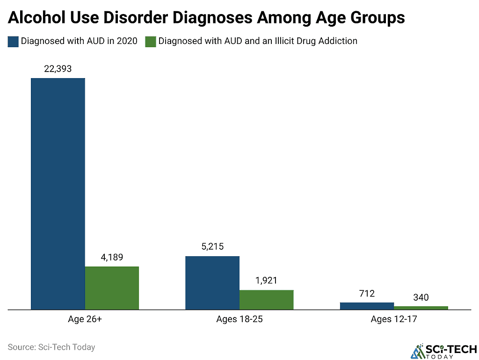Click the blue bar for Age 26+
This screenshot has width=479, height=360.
click(58, 194)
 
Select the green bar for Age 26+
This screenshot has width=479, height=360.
click(112, 288)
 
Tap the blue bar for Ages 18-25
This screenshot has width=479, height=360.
click(213, 283)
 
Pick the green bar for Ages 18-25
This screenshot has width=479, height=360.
click(266, 300)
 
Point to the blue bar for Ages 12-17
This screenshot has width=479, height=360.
click(367, 306)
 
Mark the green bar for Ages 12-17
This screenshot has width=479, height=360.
click(421, 308)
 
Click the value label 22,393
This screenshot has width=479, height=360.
click(58, 69)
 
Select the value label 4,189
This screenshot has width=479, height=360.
click(112, 257)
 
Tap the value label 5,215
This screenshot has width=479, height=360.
click(213, 246)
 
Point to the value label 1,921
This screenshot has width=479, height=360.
click(266, 281)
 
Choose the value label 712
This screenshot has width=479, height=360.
click(367, 294)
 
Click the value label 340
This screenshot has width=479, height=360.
click(421, 297)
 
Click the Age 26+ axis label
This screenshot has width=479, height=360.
click(85, 319)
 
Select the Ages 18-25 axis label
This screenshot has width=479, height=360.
click(239, 319)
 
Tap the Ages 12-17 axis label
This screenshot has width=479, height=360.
click(394, 319)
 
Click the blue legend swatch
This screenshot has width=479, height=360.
click(13, 42)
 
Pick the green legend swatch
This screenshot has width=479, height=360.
click(151, 42)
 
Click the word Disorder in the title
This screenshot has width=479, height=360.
click(136, 17)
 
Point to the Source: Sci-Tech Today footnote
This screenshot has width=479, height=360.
click(51, 347)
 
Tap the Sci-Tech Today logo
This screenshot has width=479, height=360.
click(444, 352)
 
